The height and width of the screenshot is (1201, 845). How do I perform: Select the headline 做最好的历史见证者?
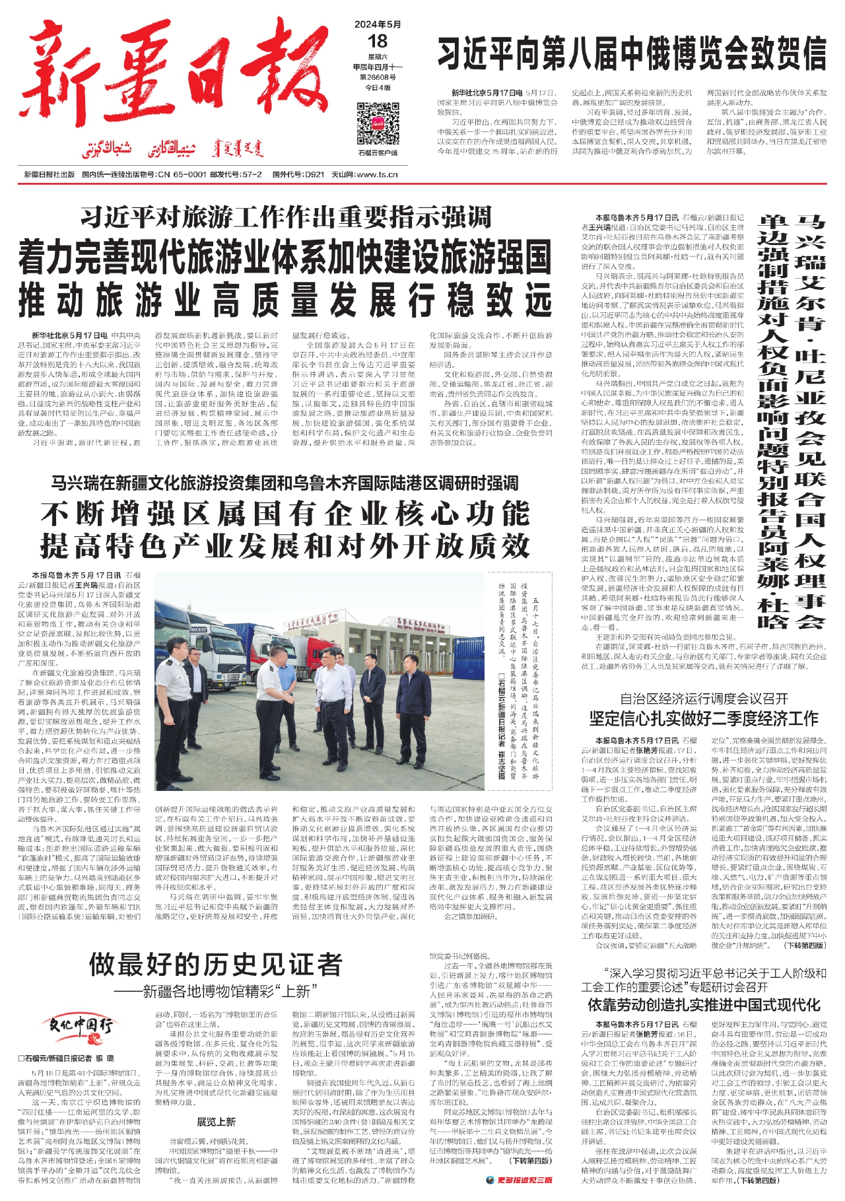tap(216, 966)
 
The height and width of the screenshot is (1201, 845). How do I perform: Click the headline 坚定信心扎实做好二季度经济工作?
tap(704, 718)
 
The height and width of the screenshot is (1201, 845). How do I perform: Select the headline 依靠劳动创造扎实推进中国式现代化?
tap(704, 1005)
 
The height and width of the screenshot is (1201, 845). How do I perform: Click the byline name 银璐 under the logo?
tap(105, 1058)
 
